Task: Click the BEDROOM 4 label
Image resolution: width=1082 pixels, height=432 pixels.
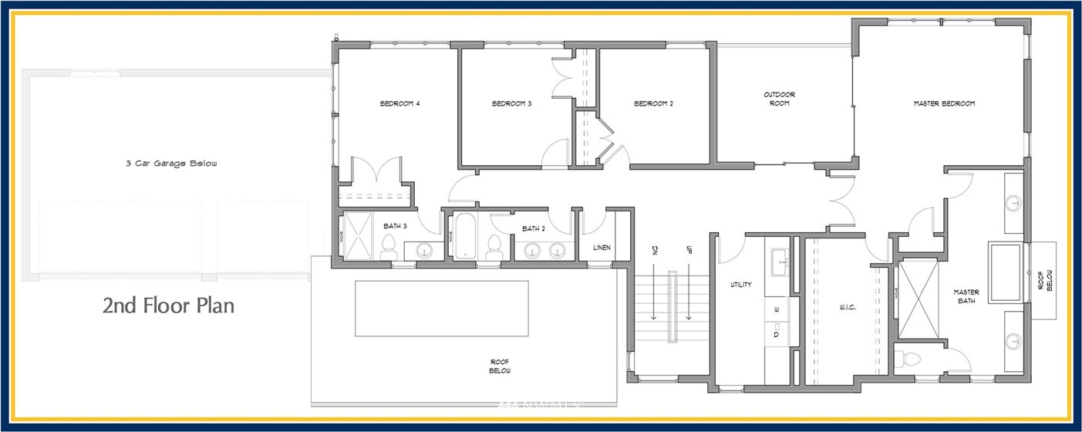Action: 399,103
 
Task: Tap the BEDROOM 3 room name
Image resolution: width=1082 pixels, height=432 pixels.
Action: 512,103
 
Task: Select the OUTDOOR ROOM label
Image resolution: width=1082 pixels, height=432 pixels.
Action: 779,99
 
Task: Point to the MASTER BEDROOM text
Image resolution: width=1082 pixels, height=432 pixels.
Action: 944,103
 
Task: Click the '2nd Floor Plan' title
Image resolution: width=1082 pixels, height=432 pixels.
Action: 168,306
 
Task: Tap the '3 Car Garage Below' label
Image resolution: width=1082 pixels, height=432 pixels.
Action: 172,164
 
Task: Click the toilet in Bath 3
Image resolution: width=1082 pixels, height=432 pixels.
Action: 389,246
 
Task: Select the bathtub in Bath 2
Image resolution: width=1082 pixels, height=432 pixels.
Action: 467,236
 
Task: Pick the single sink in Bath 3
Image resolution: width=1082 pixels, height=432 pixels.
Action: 423,250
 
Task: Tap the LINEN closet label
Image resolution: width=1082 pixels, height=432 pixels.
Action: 602,248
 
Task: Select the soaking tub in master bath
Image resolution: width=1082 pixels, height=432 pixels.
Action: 1006,273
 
